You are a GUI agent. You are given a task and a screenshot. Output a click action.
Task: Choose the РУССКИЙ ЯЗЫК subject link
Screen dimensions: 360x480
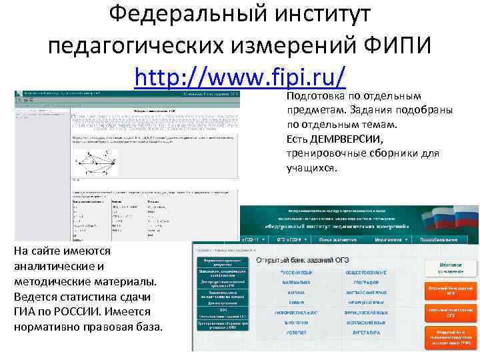coord(293,273)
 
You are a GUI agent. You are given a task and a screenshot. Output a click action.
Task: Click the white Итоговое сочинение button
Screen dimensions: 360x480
coord(451,268)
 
